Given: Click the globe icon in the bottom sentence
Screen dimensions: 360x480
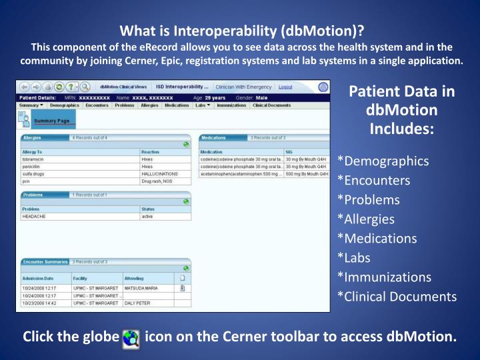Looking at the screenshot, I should [131, 339].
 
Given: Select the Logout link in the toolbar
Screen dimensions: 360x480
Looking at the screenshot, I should [285, 87].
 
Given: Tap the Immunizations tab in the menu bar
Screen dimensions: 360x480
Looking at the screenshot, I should [231, 105].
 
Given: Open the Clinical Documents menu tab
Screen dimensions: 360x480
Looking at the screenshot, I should [271, 105].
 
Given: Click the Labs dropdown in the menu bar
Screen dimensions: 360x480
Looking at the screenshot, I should [203, 105].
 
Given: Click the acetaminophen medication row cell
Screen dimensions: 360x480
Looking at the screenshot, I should [241, 173].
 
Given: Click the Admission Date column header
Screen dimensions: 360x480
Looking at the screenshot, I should [38, 277].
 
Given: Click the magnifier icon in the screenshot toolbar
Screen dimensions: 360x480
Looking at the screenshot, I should [85, 87].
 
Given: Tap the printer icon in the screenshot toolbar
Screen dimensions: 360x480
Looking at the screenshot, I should [47, 87].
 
